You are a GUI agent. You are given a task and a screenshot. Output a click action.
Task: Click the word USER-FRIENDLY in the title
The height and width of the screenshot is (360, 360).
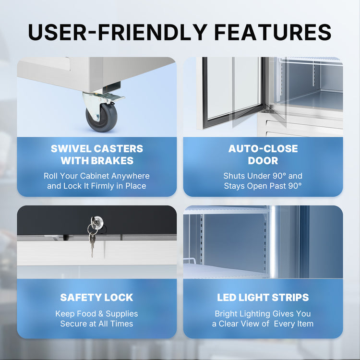point(118,32)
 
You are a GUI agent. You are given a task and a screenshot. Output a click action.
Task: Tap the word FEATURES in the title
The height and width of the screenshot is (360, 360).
point(273,32)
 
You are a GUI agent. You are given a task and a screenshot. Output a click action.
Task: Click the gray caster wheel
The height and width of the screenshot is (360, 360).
point(101,117)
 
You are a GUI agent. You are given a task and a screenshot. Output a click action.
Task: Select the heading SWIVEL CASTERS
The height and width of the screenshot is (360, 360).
point(97,148)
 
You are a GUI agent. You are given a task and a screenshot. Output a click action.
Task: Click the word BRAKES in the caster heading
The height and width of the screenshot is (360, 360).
point(112,160)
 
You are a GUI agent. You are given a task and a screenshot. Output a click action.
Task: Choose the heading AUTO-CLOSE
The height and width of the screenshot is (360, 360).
point(263,148)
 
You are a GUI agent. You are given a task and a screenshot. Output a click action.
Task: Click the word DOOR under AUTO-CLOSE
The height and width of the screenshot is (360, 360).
point(263,160)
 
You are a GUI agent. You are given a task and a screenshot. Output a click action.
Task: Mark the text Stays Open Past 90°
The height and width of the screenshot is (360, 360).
point(263,186)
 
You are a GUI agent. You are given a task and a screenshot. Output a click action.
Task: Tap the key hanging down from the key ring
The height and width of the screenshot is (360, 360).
point(92,245)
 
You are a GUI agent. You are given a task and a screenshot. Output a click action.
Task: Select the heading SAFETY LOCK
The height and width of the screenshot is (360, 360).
point(96,297)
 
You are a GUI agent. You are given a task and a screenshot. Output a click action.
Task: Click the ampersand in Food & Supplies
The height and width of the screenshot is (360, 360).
point(101,313)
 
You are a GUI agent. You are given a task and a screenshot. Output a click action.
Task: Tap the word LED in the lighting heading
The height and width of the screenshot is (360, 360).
point(227,297)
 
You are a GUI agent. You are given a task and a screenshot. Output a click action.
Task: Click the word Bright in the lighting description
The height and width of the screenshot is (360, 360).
point(226,314)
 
